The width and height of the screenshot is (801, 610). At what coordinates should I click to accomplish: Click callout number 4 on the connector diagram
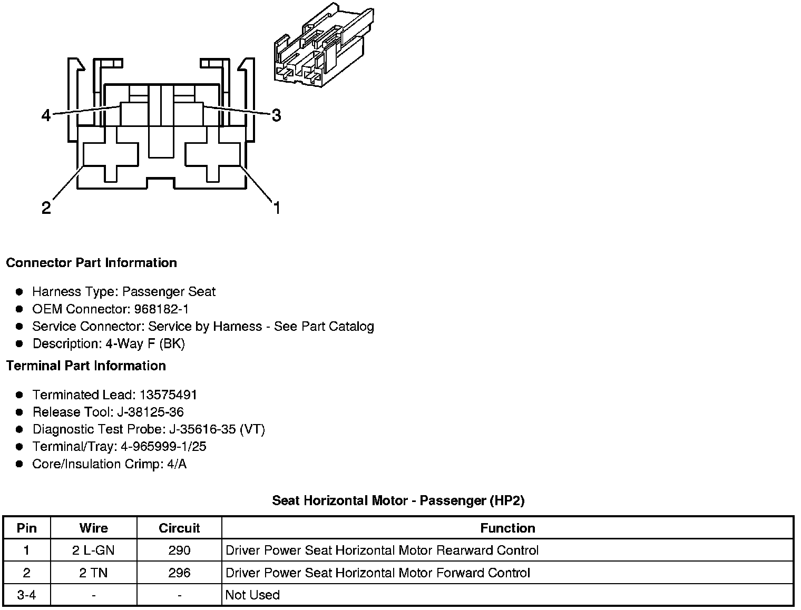46,115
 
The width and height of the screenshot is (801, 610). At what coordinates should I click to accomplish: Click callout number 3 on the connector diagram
276,115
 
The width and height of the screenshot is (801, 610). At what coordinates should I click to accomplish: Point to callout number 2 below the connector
46,208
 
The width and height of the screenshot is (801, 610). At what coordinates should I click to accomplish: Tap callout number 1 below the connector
276,208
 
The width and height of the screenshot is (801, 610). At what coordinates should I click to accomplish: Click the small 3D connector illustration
324,45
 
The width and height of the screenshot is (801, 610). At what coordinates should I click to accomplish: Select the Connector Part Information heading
92,263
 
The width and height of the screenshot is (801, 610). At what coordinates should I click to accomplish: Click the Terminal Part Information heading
86,366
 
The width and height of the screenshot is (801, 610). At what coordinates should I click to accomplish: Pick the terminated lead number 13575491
168,395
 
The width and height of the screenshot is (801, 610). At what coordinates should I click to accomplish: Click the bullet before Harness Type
19,292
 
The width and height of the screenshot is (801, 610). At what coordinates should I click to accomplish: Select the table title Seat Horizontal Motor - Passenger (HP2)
398,500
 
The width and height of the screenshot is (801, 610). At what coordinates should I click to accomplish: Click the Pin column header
27,528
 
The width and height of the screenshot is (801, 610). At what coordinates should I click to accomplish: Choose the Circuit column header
179,528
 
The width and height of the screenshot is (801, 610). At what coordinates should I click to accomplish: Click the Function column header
507,528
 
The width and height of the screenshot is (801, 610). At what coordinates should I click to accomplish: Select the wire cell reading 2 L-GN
93,550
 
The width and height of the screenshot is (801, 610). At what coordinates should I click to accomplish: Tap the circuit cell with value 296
179,573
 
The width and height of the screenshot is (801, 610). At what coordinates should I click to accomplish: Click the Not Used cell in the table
252,595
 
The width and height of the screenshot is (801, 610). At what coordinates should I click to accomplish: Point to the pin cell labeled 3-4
27,595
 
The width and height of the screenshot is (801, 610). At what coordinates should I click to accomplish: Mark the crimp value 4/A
175,464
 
